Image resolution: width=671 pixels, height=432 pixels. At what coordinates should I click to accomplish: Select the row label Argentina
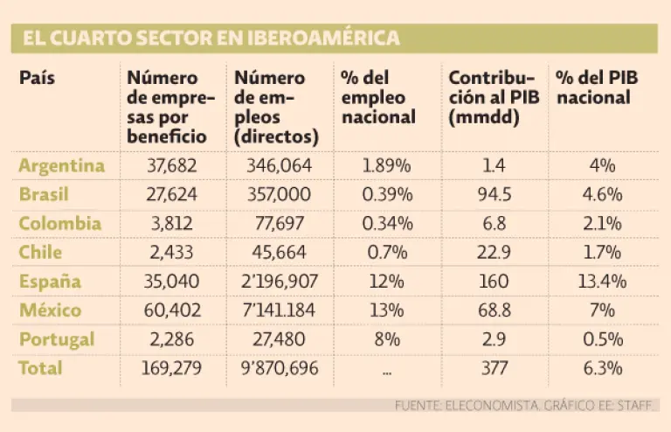[x=61, y=165]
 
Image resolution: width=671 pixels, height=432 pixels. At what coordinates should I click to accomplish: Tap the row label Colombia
[x=60, y=223]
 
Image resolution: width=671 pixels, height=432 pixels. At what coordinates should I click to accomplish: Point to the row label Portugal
[x=57, y=338]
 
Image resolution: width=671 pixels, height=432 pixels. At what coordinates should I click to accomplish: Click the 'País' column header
[x=37, y=78]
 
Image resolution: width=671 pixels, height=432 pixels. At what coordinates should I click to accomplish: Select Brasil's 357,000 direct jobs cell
[x=274, y=194]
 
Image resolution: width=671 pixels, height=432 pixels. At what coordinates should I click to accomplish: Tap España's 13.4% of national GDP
[x=603, y=282]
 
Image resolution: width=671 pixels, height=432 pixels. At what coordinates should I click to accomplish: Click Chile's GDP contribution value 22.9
[x=495, y=252]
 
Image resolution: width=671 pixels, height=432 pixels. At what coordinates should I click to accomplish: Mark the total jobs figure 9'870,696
[x=274, y=368]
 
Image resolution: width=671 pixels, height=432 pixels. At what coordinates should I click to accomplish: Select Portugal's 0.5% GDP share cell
[x=603, y=339]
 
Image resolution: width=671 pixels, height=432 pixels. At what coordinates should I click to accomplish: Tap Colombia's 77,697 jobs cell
[x=274, y=223]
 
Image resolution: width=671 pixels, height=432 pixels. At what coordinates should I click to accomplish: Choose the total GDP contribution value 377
[x=495, y=368]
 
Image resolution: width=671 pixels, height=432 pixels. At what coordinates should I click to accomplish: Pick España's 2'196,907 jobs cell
[x=274, y=282]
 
